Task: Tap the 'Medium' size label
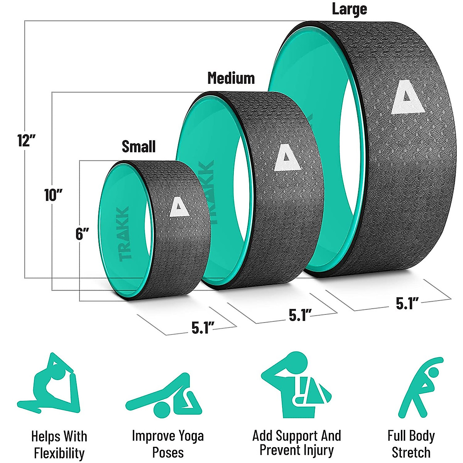[231, 78]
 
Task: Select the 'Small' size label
[139, 147]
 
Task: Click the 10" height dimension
[53, 195]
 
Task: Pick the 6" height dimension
[82, 234]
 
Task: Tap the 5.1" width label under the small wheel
[203, 328]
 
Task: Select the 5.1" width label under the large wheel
[407, 304]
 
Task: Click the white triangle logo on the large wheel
[405, 98]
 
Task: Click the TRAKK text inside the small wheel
[124, 234]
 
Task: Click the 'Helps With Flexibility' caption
[59, 444]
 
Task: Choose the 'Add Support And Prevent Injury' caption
[297, 443]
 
